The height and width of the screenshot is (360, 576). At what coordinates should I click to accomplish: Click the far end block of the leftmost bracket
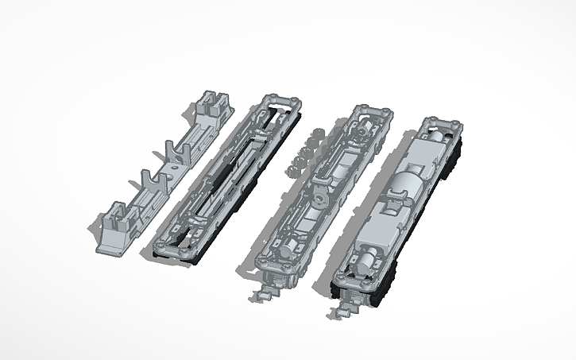[212, 106]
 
